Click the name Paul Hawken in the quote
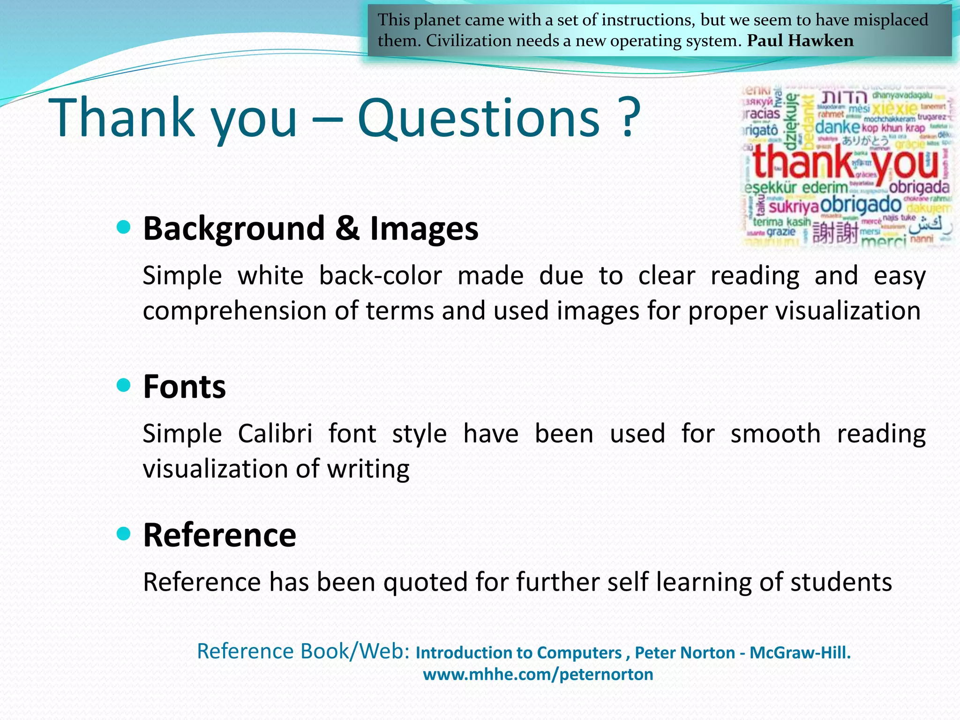[x=800, y=41]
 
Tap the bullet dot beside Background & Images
[x=123, y=228]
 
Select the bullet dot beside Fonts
[x=123, y=386]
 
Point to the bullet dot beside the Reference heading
[x=123, y=534]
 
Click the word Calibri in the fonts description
[x=275, y=433]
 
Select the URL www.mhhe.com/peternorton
[x=538, y=674]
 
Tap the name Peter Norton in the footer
[x=684, y=652]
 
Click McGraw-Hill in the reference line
[x=800, y=652]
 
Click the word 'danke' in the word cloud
[x=837, y=127]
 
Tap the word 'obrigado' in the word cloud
[x=861, y=204]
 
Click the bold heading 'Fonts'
[x=184, y=387]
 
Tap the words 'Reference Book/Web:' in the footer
[x=303, y=651]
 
